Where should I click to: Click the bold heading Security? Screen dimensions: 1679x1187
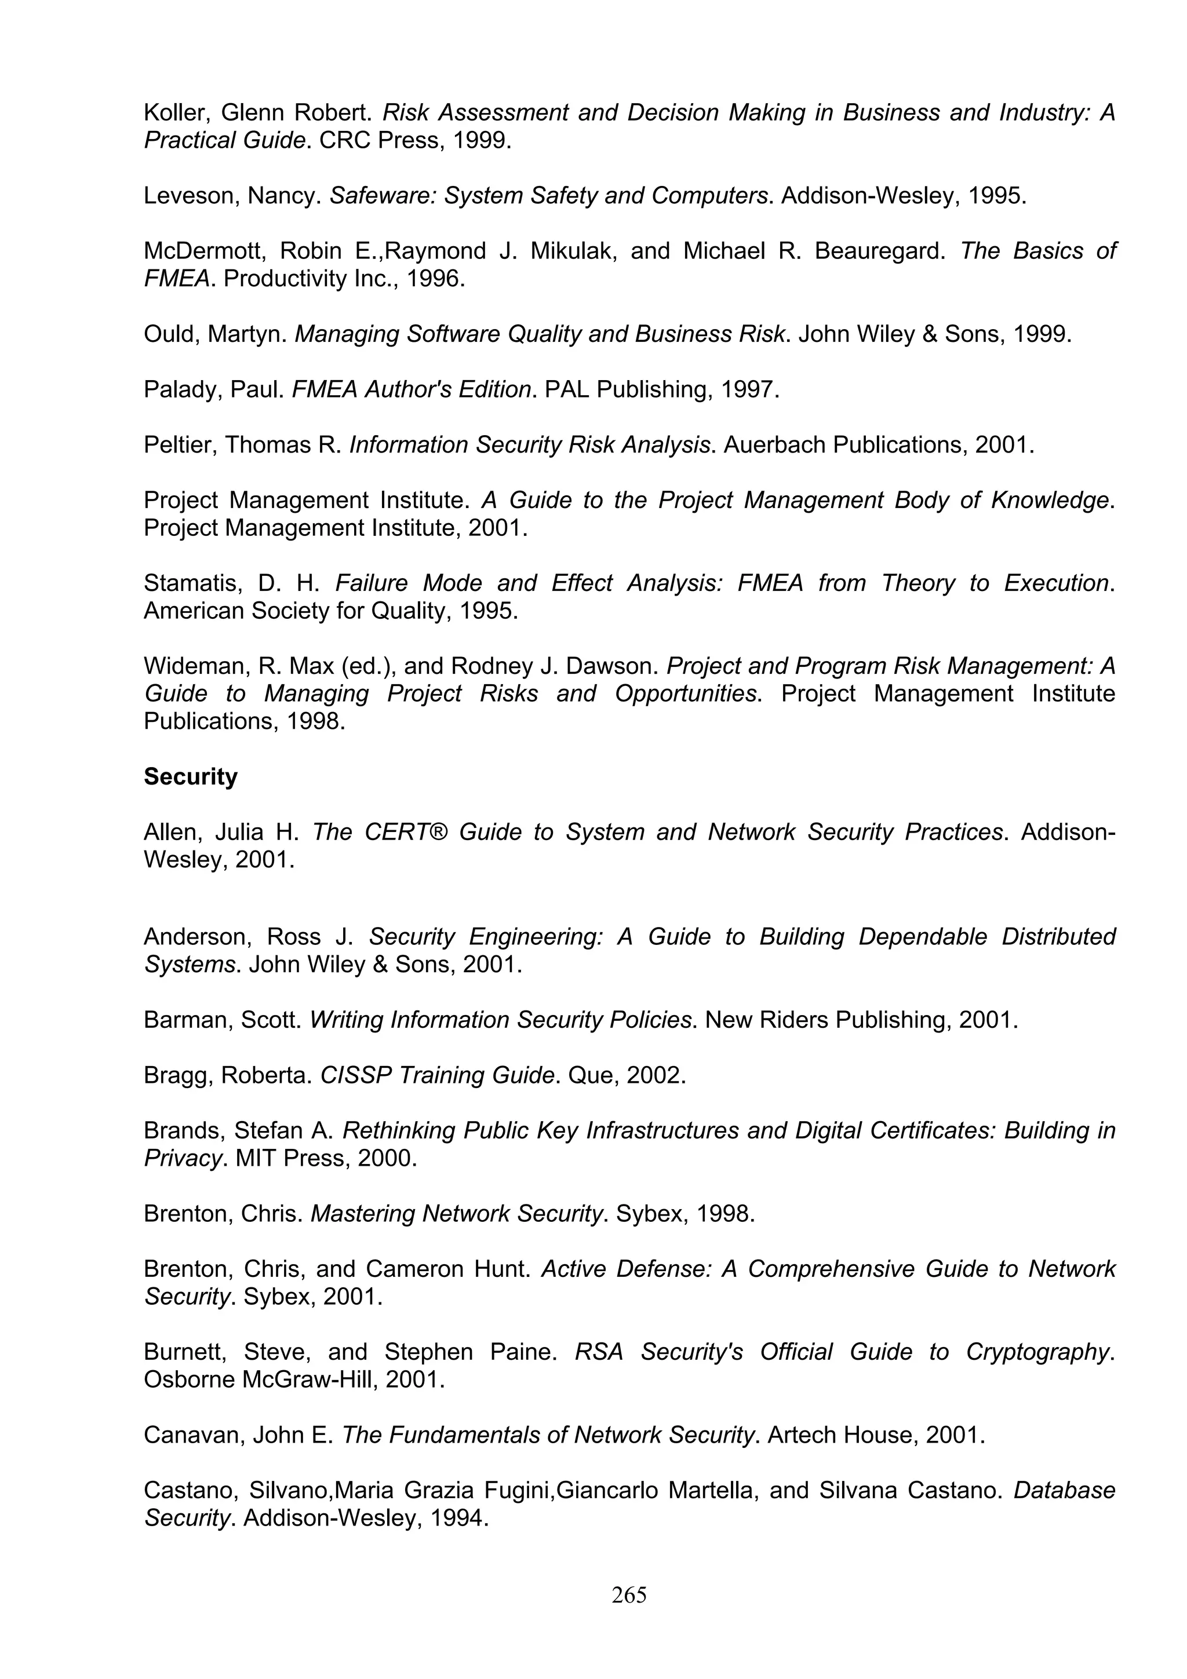(190, 776)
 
